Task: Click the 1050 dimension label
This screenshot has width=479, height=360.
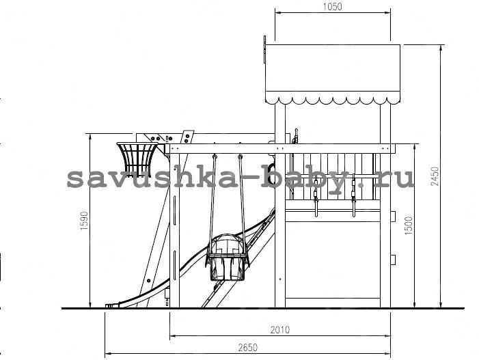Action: point(332,7)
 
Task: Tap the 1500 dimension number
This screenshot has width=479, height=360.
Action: point(408,225)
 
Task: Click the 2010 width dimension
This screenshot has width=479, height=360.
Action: point(280,330)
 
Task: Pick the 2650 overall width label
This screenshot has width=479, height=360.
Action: point(248,348)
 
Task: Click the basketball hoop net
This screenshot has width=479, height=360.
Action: point(137,159)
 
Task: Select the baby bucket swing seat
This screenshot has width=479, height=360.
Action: point(226,257)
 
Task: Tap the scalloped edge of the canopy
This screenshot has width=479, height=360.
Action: point(333,100)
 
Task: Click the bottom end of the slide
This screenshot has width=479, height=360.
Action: point(112,305)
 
